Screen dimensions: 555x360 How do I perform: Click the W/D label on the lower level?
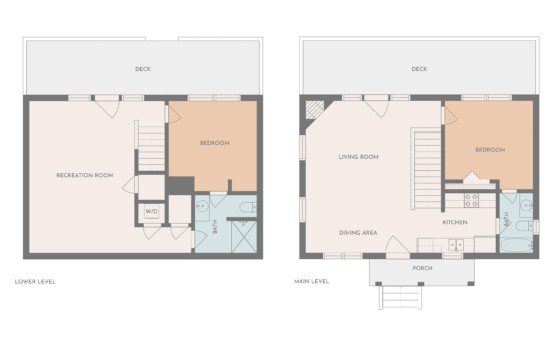click(151, 212)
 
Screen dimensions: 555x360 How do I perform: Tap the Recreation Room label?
click(85, 175)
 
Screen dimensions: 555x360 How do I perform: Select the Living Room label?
click(359, 156)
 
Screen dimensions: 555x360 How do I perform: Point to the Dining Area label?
click(358, 233)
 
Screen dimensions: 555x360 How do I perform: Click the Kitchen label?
click(455, 222)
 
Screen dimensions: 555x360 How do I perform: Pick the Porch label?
click(422, 268)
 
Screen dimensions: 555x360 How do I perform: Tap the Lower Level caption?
click(35, 282)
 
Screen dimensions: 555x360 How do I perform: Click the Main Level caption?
click(311, 281)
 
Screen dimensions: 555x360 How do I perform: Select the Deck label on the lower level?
click(143, 69)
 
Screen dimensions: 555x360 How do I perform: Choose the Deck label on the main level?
click(419, 69)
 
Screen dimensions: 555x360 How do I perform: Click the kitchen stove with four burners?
click(471, 200)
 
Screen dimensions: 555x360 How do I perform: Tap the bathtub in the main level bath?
click(516, 245)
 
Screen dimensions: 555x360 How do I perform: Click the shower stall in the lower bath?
click(244, 236)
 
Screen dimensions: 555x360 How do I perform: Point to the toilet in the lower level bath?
click(248, 207)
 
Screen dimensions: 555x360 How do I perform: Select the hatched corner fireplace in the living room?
click(315, 110)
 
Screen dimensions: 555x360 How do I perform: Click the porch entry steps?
click(400, 297)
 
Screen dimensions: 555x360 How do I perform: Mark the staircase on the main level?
click(427, 169)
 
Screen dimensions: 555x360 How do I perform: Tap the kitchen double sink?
click(456, 245)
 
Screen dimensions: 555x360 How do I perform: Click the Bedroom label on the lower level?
click(215, 143)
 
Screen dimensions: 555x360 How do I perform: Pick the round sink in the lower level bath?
click(202, 206)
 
